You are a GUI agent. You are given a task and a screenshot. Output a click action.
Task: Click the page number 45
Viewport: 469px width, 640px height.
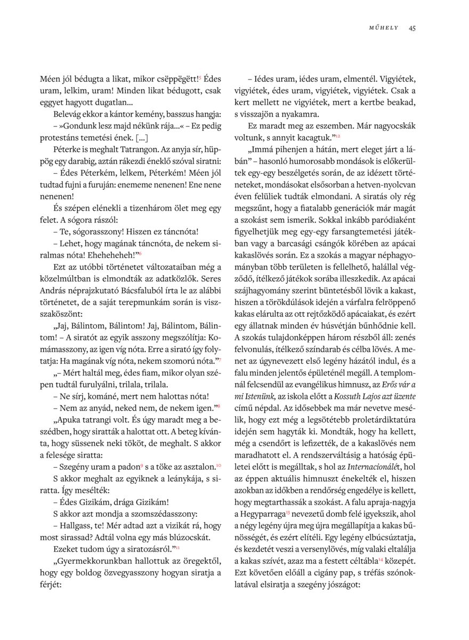tap(413, 28)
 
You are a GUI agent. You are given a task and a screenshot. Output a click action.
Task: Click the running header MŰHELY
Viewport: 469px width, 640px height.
tap(384, 28)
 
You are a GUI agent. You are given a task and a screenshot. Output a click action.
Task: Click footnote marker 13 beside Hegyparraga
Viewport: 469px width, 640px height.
tap(287, 512)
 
